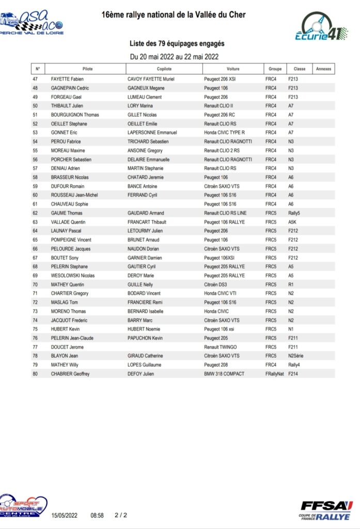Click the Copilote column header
[x=164, y=69]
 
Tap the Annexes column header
[x=323, y=69]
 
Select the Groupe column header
[x=275, y=69]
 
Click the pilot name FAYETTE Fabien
[x=67, y=79]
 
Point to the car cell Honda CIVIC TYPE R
[x=225, y=133]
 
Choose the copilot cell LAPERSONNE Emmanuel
[x=152, y=133]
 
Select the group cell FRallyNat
[x=275, y=374]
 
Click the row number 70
[x=35, y=285]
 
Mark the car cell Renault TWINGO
[x=221, y=347]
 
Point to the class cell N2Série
[x=298, y=356]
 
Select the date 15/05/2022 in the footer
[x=64, y=515]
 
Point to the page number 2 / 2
[x=121, y=515]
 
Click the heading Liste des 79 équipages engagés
[x=177, y=44]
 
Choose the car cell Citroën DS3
[x=216, y=285]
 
